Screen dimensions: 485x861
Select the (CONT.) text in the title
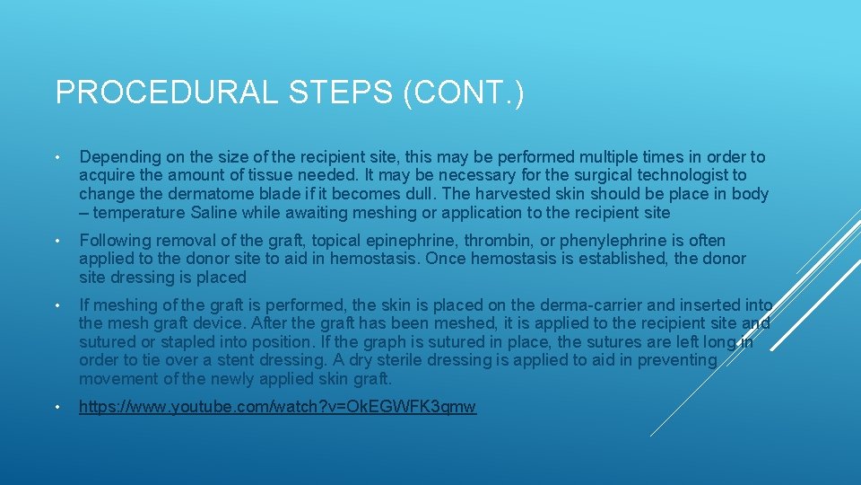point(464,93)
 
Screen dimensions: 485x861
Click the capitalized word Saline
point(216,213)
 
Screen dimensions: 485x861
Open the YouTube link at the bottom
point(277,407)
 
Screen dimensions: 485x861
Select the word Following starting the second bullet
point(114,240)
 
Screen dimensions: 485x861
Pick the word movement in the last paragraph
point(117,379)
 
